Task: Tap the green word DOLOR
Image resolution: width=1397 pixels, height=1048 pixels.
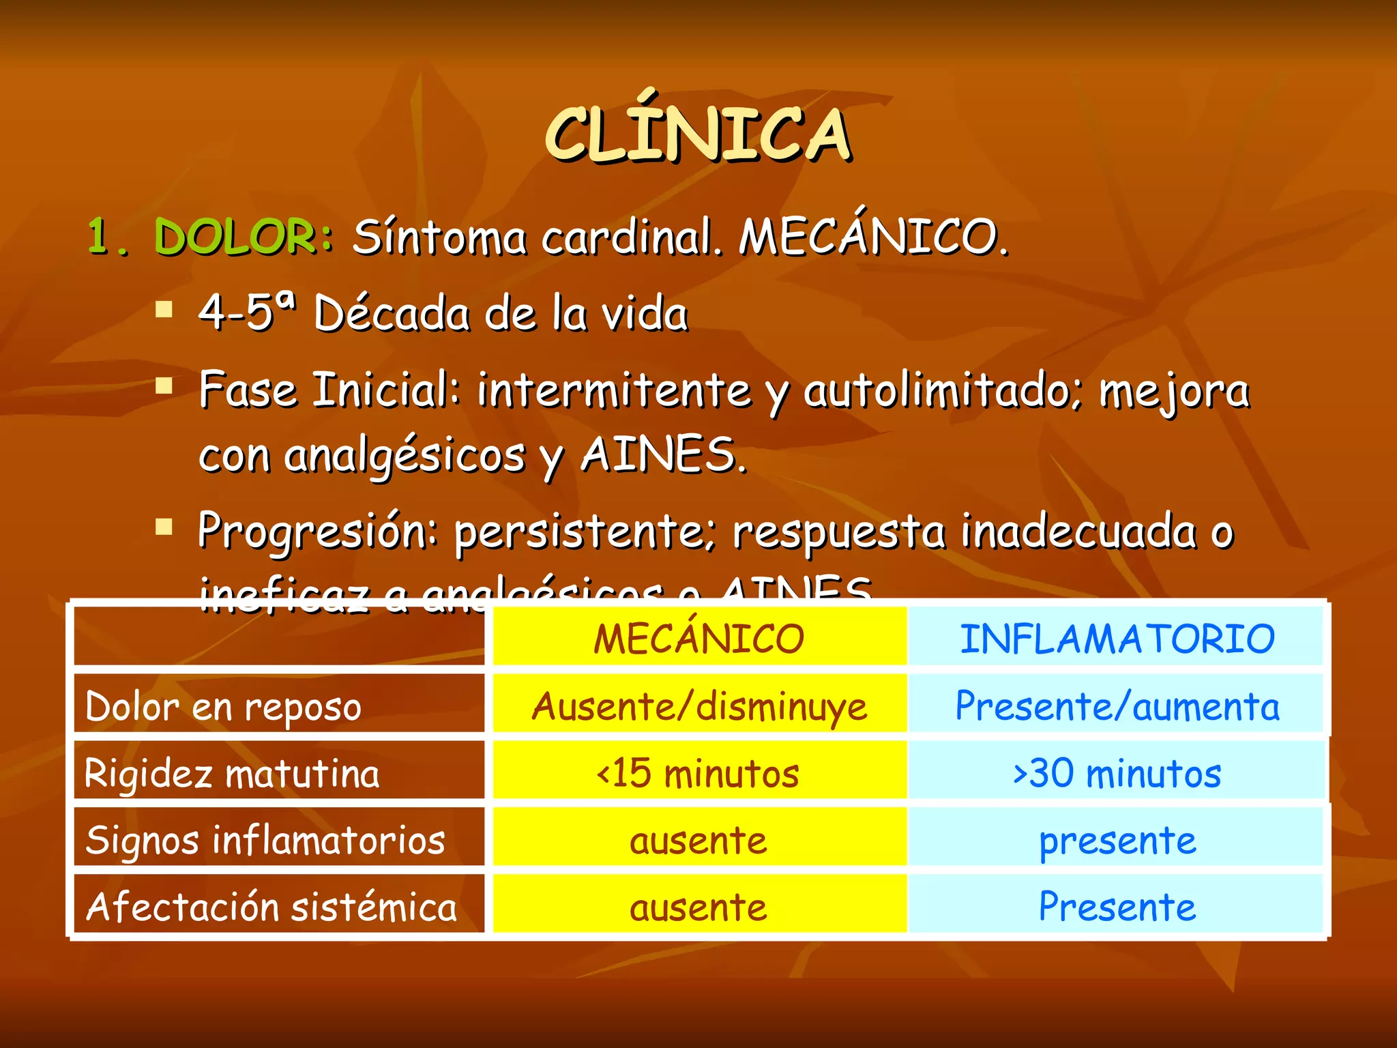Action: point(235,237)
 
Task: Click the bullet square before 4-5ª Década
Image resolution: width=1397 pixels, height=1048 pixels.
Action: point(164,310)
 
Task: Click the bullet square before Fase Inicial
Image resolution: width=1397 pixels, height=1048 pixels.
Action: point(164,387)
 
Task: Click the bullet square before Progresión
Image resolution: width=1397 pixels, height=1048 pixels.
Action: point(164,527)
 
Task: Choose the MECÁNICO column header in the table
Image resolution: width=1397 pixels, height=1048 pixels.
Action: point(699,639)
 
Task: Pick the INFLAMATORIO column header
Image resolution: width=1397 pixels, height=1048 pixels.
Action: point(1117,639)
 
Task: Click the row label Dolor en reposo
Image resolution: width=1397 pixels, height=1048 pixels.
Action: point(223,706)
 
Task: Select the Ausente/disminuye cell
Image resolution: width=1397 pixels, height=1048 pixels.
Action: point(699,706)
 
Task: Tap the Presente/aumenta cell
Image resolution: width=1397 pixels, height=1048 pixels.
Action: point(1117,706)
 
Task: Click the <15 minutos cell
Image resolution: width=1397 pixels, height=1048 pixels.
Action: point(698,774)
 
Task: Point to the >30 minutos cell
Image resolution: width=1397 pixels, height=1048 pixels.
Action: point(1117,774)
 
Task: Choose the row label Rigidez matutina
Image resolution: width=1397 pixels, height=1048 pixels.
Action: point(232,774)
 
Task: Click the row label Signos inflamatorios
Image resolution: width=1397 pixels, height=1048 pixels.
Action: point(265,840)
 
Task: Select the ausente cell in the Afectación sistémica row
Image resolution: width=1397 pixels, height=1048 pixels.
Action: point(698,907)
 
